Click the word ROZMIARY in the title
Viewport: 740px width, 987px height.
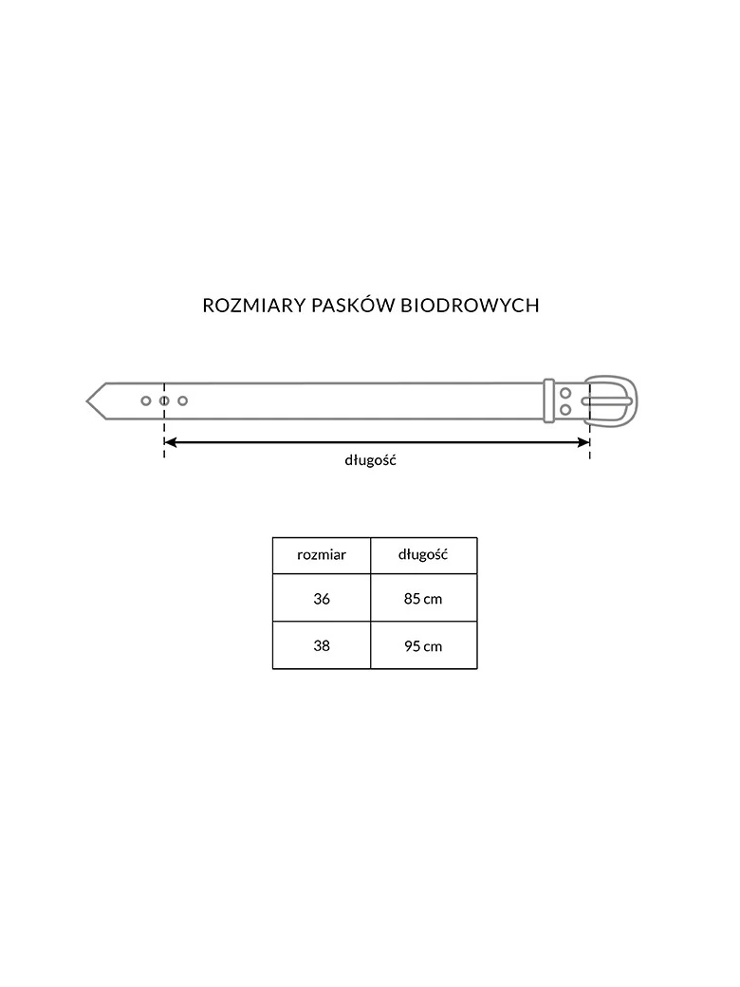(254, 306)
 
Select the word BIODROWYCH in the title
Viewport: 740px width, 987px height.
(470, 306)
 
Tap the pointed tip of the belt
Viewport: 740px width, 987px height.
(87, 400)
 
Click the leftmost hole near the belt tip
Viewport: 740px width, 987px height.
(146, 400)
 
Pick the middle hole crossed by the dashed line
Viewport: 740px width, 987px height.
(164, 400)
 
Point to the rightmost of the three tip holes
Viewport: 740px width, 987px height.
(182, 400)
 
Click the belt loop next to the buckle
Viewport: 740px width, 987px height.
(548, 400)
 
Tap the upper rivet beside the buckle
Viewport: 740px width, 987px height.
(565, 394)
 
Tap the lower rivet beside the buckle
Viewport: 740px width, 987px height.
(565, 410)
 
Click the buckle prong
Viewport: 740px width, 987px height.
(606, 401)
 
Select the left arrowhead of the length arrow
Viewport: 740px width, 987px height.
(170, 442)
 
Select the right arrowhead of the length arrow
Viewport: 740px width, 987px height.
(584, 442)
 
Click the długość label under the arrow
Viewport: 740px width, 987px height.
(370, 460)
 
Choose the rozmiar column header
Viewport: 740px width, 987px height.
(322, 555)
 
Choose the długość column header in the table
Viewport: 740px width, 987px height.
(423, 555)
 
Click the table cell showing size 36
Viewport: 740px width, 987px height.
(322, 598)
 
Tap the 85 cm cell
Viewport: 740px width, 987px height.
(423, 598)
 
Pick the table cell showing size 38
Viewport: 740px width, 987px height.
(322, 646)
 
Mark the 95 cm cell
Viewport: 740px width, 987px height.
(423, 646)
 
